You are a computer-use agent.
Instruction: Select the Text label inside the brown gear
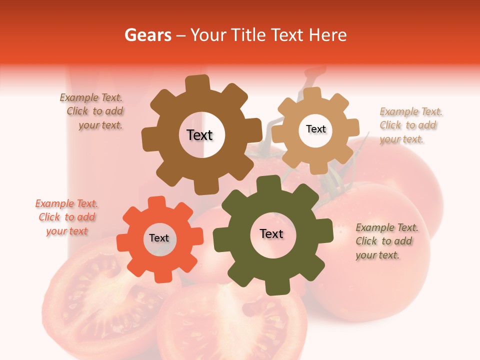(x=199, y=135)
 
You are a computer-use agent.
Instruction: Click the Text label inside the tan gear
(x=315, y=129)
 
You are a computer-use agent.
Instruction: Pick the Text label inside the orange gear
(x=159, y=238)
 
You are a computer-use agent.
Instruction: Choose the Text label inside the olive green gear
(x=271, y=233)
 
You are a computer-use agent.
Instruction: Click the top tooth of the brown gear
(x=197, y=83)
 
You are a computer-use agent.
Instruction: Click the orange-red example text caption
(x=66, y=217)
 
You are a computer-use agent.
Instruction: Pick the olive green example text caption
(x=386, y=241)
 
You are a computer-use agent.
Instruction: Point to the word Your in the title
(x=209, y=35)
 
